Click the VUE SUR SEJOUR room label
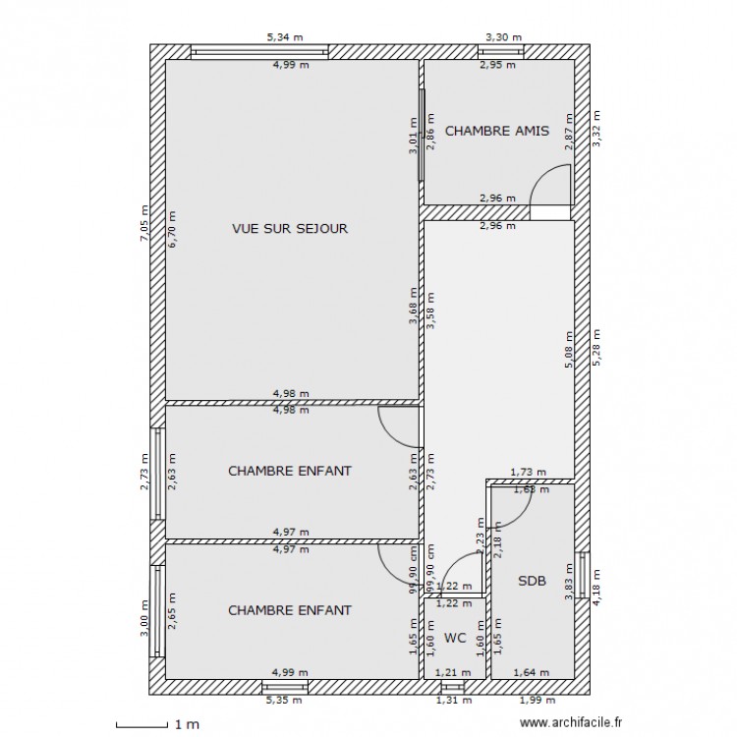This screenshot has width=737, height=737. click(x=290, y=228)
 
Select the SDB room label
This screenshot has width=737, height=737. click(x=532, y=581)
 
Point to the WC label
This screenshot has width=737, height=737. click(x=454, y=638)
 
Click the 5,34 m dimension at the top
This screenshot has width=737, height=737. click(x=285, y=37)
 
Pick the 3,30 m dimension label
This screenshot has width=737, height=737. click(x=503, y=37)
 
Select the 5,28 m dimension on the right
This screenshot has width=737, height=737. click(x=595, y=347)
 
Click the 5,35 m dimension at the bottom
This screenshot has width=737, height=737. click(x=285, y=701)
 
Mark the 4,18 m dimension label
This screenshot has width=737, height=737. click(x=595, y=584)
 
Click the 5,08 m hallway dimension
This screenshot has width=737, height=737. click(x=567, y=347)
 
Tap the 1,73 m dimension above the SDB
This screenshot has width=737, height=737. click(x=528, y=473)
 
